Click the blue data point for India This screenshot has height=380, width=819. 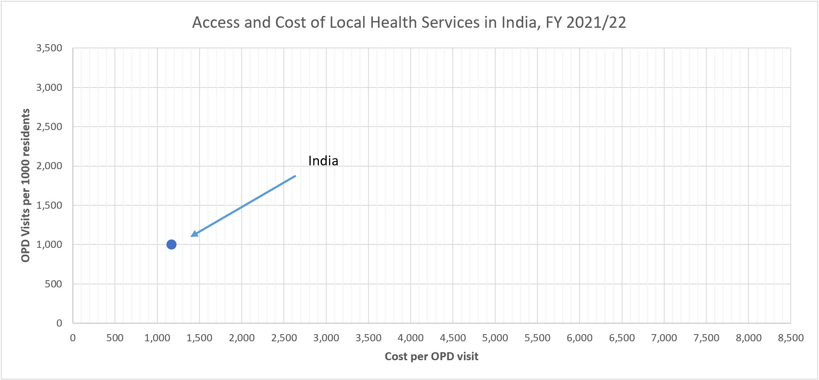tap(171, 244)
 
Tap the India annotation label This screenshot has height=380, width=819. tap(323, 161)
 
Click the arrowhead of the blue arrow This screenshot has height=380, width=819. tap(193, 234)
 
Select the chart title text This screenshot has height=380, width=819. tap(409, 22)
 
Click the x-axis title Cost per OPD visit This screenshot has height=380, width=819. tap(431, 356)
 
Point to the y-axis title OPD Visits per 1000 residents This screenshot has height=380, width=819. tap(26, 185)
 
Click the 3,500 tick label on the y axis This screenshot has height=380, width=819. tap(49, 48)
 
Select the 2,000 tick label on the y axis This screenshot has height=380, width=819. tap(49, 166)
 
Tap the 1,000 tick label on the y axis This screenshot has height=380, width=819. tap(49, 244)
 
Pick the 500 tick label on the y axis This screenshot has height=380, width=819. tap(54, 284)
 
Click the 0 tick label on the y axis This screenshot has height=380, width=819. tap(59, 323)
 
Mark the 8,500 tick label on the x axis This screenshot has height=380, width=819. tap(791, 338)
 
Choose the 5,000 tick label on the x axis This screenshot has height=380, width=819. tap(495, 338)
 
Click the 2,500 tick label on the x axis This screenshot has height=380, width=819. tap(284, 338)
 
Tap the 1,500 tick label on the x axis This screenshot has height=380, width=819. tap(199, 338)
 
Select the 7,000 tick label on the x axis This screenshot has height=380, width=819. tap(664, 338)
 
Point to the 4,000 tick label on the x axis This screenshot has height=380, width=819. tap(411, 338)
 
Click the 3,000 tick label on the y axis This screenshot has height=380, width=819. tap(49, 88)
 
